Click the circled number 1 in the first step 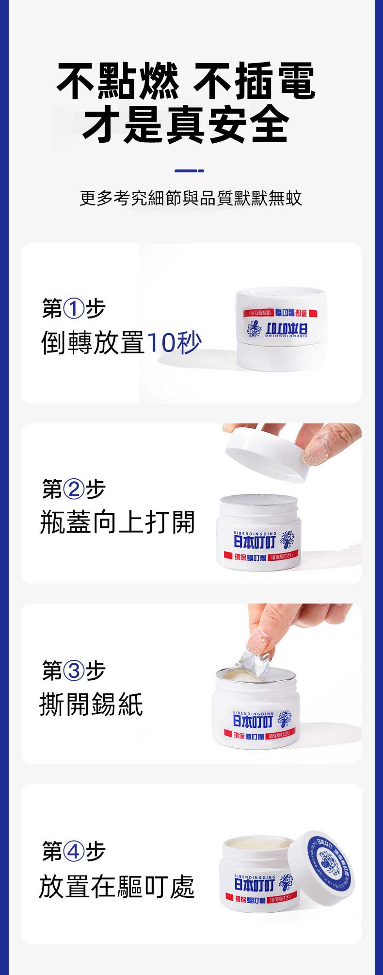pyautogui.click(x=74, y=309)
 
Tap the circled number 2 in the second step pyautogui.click(x=74, y=488)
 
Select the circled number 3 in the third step pyautogui.click(x=74, y=671)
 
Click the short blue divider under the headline pyautogui.click(x=189, y=171)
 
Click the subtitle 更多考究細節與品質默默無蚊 pyautogui.click(x=191, y=198)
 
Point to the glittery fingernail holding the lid pyautogui.click(x=315, y=452)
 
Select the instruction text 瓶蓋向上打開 pyautogui.click(x=117, y=522)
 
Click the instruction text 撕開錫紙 pyautogui.click(x=91, y=705)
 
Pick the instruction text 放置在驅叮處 pyautogui.click(x=117, y=887)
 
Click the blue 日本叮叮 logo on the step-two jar pyautogui.click(x=255, y=540)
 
